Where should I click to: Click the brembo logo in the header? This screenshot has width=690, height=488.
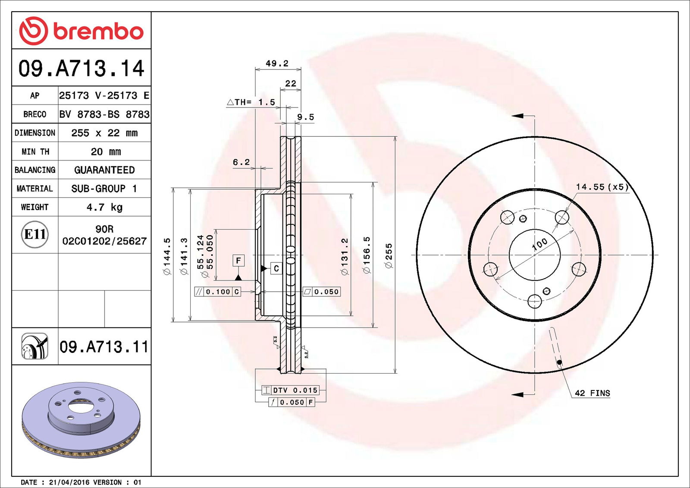point(81,31)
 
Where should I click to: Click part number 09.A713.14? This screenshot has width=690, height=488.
point(81,69)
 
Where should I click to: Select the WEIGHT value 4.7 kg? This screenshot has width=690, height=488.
point(104,207)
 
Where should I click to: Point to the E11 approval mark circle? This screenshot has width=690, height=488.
point(34,234)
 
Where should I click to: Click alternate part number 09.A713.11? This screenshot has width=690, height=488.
point(103,347)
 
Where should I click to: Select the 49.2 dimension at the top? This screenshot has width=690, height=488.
point(277,63)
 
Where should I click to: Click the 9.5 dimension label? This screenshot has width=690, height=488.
point(305,117)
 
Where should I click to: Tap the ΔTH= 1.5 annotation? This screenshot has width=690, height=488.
point(251,102)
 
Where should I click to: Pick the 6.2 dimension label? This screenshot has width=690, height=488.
point(241,162)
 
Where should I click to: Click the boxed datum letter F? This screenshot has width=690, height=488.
point(238,261)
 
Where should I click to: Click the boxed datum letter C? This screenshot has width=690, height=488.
point(276,268)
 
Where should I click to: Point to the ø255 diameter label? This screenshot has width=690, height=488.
point(389,255)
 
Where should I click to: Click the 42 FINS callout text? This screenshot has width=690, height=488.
point(592,393)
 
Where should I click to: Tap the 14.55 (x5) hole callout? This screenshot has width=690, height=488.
point(602,187)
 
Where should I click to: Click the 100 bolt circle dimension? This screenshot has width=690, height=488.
point(539,244)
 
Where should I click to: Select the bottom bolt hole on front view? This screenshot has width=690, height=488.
point(535,301)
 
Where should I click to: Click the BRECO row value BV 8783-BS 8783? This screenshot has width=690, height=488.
point(104,114)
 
